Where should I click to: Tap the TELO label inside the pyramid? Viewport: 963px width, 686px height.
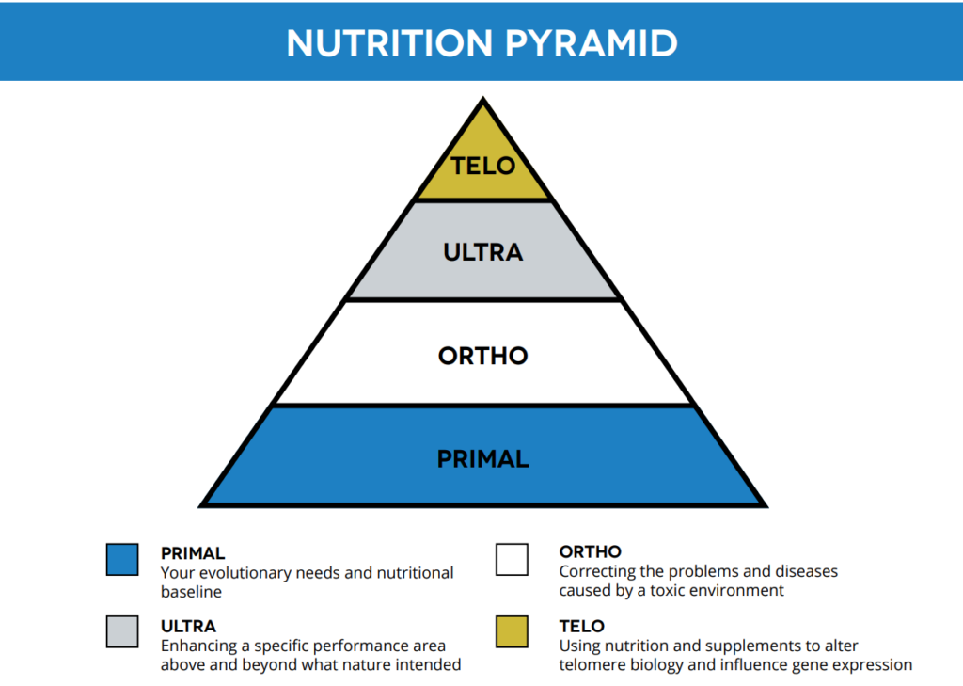click(482, 167)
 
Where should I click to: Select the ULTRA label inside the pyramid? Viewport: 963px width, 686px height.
click(482, 252)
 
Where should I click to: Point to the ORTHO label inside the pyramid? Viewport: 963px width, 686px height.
click(482, 357)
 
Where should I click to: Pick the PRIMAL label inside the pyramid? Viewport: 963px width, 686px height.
click(482, 459)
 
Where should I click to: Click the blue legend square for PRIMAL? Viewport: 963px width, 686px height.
click(122, 559)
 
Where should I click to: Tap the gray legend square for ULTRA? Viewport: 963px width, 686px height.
click(122, 632)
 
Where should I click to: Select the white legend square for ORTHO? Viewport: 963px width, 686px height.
click(512, 559)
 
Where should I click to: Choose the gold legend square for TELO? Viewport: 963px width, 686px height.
click(512, 632)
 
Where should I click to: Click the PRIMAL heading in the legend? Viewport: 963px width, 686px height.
click(193, 553)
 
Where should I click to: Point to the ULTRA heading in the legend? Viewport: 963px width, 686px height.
click(188, 626)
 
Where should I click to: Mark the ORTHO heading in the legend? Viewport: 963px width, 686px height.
click(590, 552)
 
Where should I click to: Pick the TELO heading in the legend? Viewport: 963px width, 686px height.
click(581, 626)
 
